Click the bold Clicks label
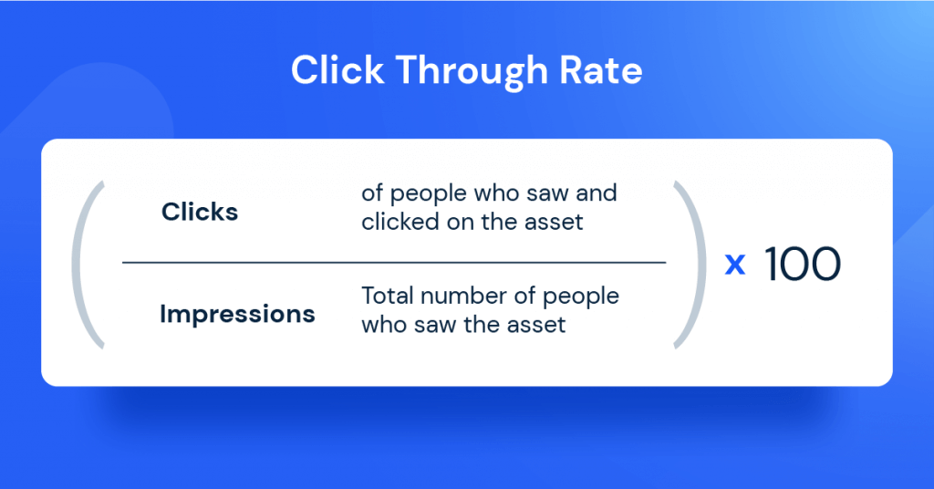pos(200,212)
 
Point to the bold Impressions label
pos(237,315)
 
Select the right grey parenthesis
pos(690,265)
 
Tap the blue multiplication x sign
pos(734,265)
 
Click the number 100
pos(802,264)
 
